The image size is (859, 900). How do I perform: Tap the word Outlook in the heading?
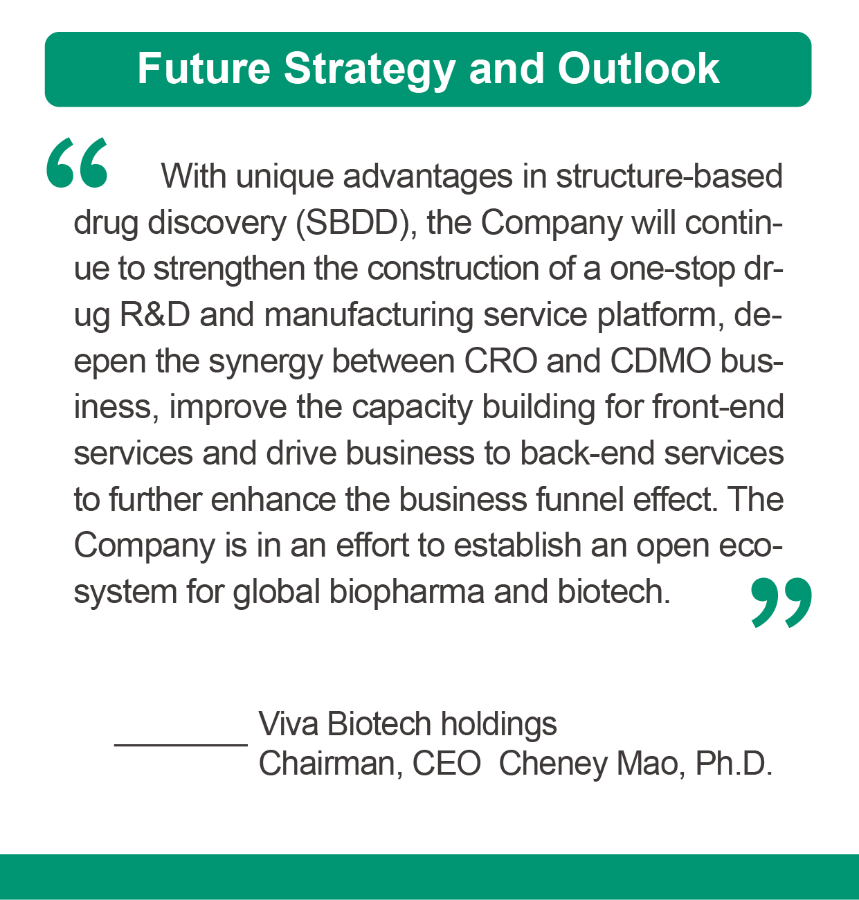coord(638,69)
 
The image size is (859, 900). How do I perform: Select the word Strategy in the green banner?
coord(369,71)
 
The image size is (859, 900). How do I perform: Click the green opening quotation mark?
coord(77,163)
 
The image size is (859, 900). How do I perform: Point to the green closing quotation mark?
coord(781,602)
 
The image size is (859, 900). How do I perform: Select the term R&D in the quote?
coord(155,315)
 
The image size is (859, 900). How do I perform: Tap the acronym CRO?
coord(500,361)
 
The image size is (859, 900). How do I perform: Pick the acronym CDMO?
coord(661,361)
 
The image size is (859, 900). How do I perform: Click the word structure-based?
coord(669,177)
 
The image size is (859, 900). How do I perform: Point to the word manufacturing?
coord(369,316)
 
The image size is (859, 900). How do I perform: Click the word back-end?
coord(587,453)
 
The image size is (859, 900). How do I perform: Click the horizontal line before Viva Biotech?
coord(181,746)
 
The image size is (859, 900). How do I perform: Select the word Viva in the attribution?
coord(288,724)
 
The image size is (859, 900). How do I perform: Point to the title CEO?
coord(446,764)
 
